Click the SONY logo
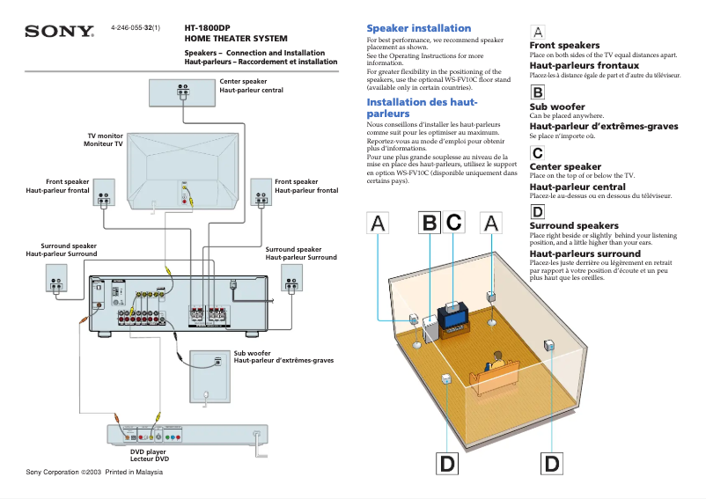59,32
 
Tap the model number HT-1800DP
207,28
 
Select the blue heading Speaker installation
418,28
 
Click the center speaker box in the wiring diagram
183,92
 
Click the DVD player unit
186,434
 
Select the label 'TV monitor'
105,136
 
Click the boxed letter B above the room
428,224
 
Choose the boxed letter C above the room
453,224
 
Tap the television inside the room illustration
456,314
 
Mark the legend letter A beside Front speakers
538,32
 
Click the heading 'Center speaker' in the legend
565,166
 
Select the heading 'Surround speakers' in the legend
574,226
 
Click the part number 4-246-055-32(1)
136,28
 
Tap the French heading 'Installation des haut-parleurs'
422,107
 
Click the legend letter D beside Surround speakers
537,211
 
